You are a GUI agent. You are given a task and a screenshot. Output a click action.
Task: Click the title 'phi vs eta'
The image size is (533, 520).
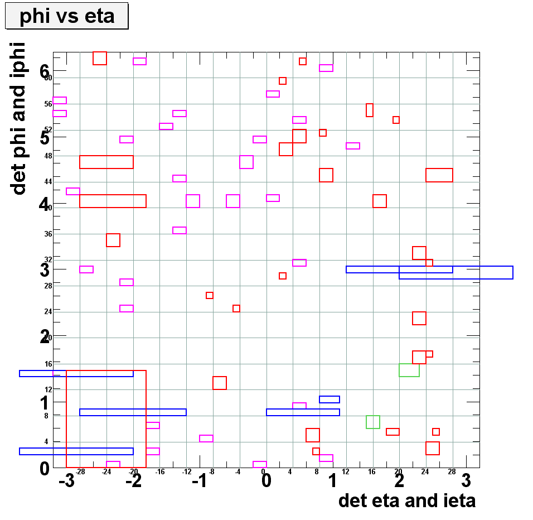pyautogui.click(x=67, y=16)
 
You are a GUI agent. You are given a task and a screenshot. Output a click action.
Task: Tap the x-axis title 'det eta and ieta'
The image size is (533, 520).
pyautogui.click(x=407, y=500)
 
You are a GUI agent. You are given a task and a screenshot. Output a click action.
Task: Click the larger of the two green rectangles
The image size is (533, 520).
pyautogui.click(x=409, y=370)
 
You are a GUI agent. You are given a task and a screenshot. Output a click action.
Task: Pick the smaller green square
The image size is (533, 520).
pyautogui.click(x=373, y=422)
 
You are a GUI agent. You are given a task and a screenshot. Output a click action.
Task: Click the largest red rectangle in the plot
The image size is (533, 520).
pyautogui.click(x=106, y=418)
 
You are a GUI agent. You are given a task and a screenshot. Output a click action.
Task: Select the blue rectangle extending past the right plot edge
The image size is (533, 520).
pyautogui.click(x=456, y=272)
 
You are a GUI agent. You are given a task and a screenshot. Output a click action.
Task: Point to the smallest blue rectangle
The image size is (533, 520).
pyautogui.click(x=330, y=399)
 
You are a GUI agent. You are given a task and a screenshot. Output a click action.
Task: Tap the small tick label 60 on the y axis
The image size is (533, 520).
pyautogui.click(x=48, y=78)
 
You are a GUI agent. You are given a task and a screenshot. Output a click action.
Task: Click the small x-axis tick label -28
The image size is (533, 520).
pyautogui.click(x=80, y=472)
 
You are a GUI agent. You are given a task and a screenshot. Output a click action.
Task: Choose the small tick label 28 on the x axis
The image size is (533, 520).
pyautogui.click(x=452, y=472)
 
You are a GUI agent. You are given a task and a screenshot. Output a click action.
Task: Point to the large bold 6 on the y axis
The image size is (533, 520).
pyautogui.click(x=45, y=70)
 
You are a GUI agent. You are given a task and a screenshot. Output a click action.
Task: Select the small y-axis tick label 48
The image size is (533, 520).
pyautogui.click(x=48, y=156)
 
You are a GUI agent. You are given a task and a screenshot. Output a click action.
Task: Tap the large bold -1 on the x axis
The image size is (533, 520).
pyautogui.click(x=200, y=481)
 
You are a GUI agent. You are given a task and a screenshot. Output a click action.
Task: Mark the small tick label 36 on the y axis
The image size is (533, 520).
pyautogui.click(x=48, y=234)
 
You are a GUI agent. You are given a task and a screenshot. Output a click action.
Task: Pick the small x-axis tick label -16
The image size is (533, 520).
pyautogui.click(x=160, y=472)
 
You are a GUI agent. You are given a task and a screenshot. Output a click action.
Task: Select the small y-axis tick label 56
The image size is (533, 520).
pyautogui.click(x=48, y=104)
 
